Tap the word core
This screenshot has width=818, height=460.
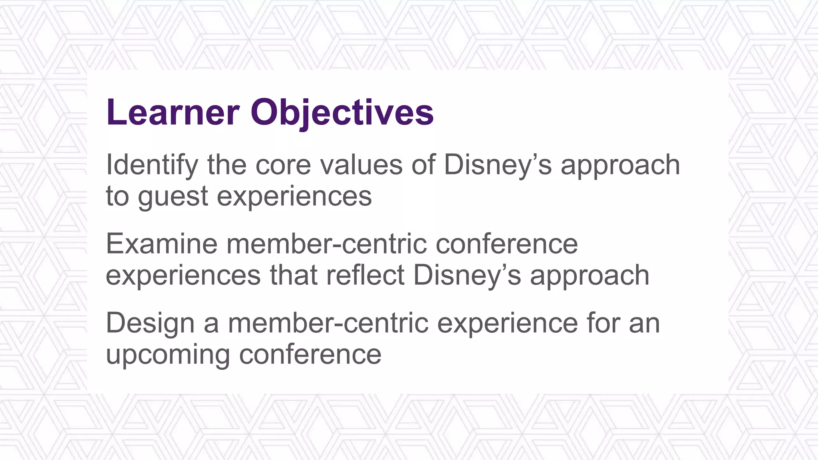[283, 165]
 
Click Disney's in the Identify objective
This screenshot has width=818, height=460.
[497, 165]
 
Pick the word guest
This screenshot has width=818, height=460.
[173, 196]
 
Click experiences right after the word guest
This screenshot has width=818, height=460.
[294, 196]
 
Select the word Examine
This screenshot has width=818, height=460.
[161, 244]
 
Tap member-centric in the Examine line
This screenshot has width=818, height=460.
[327, 244]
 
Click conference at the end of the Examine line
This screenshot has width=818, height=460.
[506, 244]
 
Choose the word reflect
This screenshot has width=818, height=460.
[365, 276]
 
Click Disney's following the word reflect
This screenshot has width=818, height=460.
[467, 276]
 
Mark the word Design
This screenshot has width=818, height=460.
[150, 323]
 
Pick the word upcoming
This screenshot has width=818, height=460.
[168, 355]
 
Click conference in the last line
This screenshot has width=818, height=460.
[310, 355]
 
